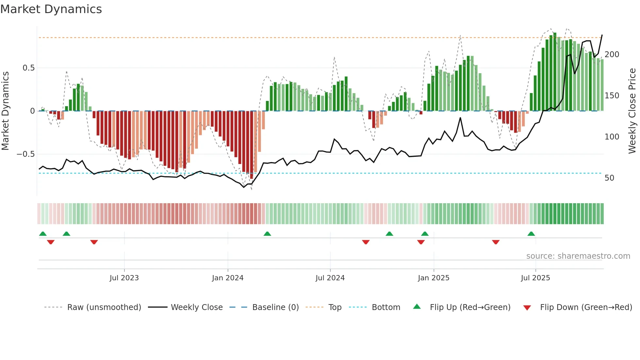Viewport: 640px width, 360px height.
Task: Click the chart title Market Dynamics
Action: coord(51,9)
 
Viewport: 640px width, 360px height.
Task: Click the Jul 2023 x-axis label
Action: coord(124,278)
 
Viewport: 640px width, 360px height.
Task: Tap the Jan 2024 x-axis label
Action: coord(228,278)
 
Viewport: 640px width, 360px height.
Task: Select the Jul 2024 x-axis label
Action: coord(330,278)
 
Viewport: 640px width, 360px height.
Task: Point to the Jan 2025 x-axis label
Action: coord(433,278)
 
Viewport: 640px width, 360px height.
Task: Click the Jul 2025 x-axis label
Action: coord(535,278)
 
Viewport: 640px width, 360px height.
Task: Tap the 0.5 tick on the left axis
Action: coord(28,68)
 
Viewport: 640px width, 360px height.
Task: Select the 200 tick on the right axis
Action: coord(612,55)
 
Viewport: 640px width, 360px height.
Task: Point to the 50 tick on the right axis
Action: coord(609,178)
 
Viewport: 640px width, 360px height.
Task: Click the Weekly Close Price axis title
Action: coord(632,111)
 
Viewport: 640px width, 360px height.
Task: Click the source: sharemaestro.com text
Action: coord(578,256)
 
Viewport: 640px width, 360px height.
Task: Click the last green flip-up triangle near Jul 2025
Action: coord(531,234)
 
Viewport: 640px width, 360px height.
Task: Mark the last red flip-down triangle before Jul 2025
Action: coord(496,242)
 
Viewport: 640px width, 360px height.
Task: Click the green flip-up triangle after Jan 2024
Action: coord(267,234)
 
